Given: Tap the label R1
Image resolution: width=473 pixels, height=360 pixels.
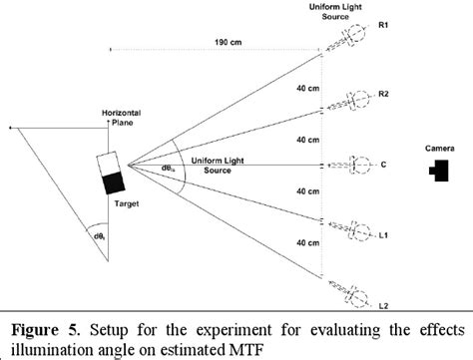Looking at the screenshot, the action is click(383, 28).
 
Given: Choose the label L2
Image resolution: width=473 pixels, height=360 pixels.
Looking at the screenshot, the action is click(383, 297).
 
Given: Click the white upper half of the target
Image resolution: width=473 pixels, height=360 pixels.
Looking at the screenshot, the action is click(109, 164).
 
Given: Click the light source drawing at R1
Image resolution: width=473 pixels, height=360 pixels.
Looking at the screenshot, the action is click(352, 33).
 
